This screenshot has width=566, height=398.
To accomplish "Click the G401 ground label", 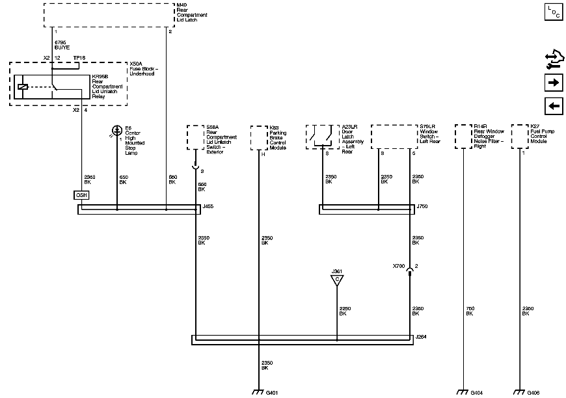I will point(273,393).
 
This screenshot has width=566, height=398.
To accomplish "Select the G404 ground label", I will point(476,393).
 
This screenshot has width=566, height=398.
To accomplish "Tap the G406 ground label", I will point(533,393).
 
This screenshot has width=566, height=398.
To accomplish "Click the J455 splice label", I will point(208,206).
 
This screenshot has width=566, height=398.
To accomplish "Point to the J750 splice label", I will point(423,206).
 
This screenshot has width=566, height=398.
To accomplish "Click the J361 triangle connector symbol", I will point(337,280).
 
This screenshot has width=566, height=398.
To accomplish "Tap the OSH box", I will point(81,195).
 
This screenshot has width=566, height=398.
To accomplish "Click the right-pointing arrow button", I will point(553,83).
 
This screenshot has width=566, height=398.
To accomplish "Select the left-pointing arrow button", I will point(553,106).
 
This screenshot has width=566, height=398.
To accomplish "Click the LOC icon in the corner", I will point(553,12).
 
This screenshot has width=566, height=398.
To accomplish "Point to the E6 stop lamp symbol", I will point(117,131).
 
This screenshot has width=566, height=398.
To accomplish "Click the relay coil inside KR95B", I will point(23,86).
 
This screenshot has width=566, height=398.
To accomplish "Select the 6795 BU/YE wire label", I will point(62,45).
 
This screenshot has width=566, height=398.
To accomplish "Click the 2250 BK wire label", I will point(345,311).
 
